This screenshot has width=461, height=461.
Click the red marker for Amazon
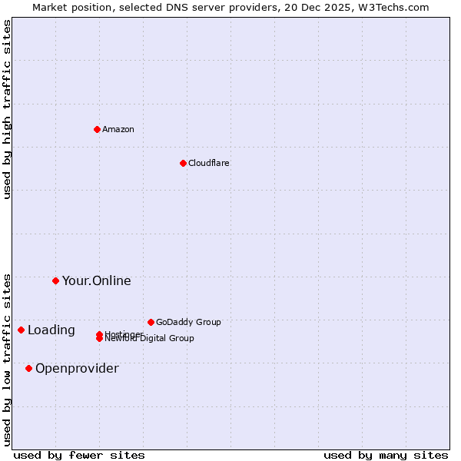tap(97, 129)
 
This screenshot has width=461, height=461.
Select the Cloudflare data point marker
tap(183, 163)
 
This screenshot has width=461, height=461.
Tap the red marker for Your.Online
tap(55, 280)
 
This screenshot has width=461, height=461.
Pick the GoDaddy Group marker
tap(151, 322)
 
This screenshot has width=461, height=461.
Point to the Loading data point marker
tap(21, 330)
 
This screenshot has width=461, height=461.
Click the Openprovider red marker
tap(28, 368)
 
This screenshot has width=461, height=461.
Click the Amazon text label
tap(118, 129)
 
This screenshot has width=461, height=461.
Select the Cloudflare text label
tap(208, 163)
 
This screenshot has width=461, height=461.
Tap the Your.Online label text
tap(96, 280)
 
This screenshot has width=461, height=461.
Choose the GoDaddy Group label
tap(188, 322)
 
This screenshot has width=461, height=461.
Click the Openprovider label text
tap(77, 368)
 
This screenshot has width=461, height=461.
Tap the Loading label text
tap(51, 330)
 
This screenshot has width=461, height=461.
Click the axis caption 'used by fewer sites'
tap(79, 455)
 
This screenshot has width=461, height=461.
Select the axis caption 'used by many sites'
tap(386, 455)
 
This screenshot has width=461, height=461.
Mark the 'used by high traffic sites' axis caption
tap(8, 109)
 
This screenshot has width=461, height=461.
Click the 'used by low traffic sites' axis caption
tap(8, 360)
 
